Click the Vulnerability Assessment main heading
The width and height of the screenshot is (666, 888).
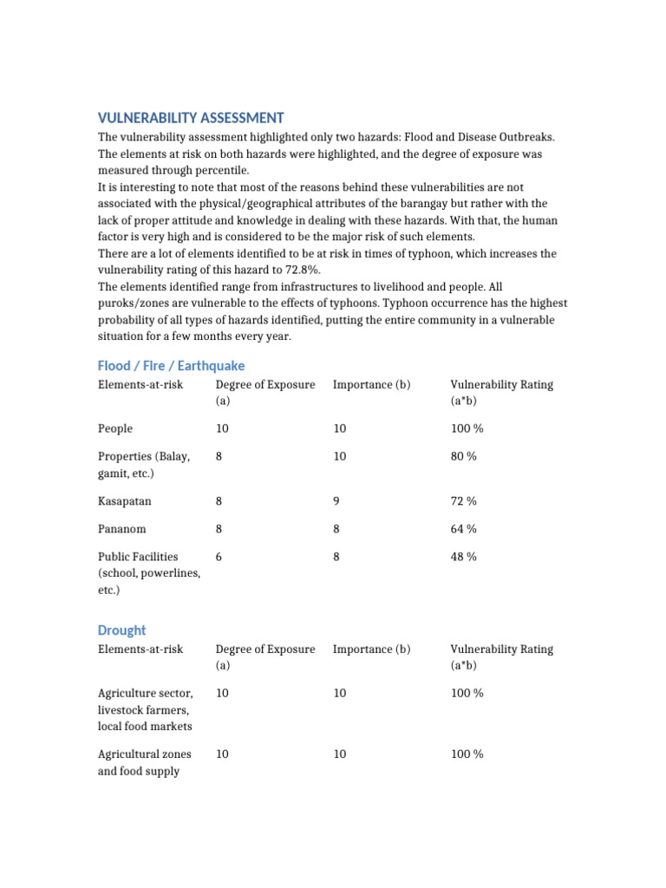point(190,118)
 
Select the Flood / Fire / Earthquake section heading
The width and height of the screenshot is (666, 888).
point(171,366)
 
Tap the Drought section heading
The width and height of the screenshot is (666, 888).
point(121,630)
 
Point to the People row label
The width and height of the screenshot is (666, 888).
point(115,428)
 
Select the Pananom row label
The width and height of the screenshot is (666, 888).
point(122,529)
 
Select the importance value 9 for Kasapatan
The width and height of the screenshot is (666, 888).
point(336,501)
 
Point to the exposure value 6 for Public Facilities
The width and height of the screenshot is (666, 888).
point(219,557)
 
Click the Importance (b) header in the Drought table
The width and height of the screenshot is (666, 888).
point(371,649)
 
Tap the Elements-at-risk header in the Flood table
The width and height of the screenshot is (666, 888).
point(140,384)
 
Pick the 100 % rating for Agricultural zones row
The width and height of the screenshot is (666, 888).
point(467,754)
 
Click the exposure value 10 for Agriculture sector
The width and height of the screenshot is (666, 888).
point(223,694)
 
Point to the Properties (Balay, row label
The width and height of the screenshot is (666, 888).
point(143,456)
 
